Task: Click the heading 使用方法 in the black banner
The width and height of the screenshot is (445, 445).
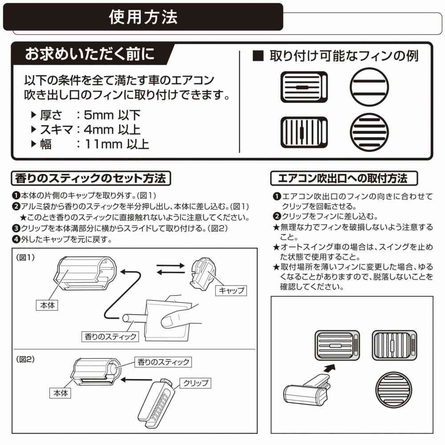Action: point(143,17)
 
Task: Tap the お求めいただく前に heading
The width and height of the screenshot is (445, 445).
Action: point(89,54)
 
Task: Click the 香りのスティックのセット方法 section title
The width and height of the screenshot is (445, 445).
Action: point(90,179)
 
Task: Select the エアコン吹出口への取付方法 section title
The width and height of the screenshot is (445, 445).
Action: point(344,179)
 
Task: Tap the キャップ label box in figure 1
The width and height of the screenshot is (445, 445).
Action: point(231,291)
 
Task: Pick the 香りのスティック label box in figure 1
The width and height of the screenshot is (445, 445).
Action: point(110,336)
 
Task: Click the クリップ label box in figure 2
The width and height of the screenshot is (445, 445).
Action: point(195,382)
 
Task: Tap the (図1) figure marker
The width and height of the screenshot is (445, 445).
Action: point(25,257)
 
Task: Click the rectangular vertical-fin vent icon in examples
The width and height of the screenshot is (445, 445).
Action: point(304,133)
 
